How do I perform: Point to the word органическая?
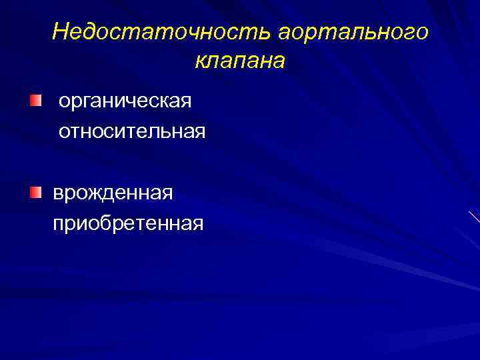[125, 102]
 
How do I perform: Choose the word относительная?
[132, 131]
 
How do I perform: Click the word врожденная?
[113, 194]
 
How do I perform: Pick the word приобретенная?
[128, 223]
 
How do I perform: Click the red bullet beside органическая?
[35, 101]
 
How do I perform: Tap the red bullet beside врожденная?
[35, 193]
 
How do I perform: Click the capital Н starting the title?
[61, 31]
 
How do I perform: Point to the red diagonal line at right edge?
[474, 217]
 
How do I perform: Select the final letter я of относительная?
[199, 131]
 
